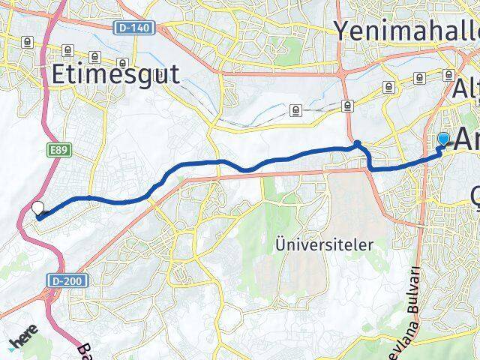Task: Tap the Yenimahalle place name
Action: tap(405, 31)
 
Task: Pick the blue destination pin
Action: tap(443, 139)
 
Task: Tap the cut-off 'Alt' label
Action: tap(464, 89)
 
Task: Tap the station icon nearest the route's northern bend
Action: tap(346, 105)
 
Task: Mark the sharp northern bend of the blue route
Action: tap(358, 142)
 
